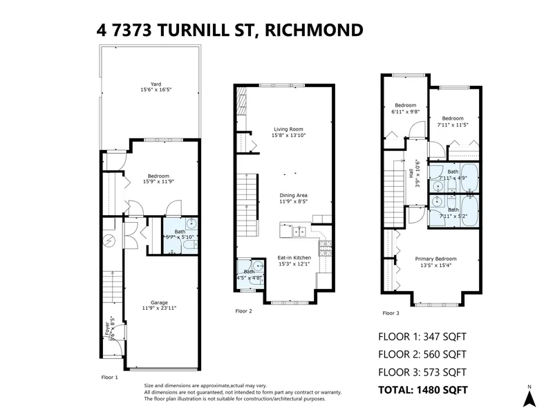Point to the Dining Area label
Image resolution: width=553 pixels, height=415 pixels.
(293, 195)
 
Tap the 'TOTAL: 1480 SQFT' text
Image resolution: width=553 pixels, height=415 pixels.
(422, 389)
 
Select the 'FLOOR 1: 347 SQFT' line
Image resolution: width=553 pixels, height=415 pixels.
(422, 337)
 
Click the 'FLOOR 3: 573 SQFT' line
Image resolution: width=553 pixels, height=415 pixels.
(422, 372)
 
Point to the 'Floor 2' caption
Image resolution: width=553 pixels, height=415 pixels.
(243, 311)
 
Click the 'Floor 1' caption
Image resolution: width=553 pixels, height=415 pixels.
(110, 377)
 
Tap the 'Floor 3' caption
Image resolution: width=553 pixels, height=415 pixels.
(391, 313)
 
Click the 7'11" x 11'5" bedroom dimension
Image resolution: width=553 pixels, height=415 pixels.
(453, 124)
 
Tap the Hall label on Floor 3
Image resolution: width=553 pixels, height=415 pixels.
(420, 176)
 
